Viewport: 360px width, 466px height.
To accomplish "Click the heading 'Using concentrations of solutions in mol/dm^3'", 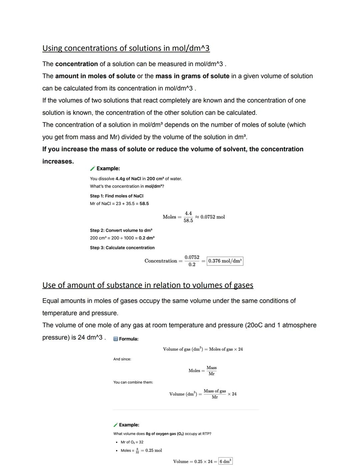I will pyautogui.click(x=126, y=48).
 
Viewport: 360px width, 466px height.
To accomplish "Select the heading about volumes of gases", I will pyautogui.click(x=148, y=286).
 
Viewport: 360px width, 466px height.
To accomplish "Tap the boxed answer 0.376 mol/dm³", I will pyautogui.click(x=225, y=261).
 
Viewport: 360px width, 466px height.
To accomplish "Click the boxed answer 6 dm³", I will pyautogui.click(x=225, y=461).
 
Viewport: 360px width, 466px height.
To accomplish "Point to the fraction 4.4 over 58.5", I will pyautogui.click(x=188, y=217).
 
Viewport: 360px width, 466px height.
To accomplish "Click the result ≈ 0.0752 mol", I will pyautogui.click(x=210, y=217).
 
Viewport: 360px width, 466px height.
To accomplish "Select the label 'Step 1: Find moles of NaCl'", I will pyautogui.click(x=116, y=196).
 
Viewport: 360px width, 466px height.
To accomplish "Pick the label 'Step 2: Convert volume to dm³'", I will pyautogui.click(x=121, y=230).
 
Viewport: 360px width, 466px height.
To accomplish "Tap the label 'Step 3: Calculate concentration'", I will pyautogui.click(x=122, y=248).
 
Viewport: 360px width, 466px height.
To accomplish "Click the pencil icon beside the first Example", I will pyautogui.click(x=93, y=169).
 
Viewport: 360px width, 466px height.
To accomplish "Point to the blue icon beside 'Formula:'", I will pyautogui.click(x=116, y=339).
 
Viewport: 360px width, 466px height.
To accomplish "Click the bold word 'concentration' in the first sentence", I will pyautogui.click(x=76, y=64).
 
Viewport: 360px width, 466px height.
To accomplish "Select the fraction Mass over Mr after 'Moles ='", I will pyautogui.click(x=211, y=371).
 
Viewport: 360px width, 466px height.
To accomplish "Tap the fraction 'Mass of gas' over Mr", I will pyautogui.click(x=215, y=394).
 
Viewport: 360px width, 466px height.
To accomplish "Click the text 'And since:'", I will pyautogui.click(x=122, y=359).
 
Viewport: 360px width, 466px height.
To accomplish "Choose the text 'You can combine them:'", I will pyautogui.click(x=133, y=382).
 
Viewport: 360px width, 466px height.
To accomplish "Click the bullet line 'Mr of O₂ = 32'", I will pyautogui.click(x=132, y=442).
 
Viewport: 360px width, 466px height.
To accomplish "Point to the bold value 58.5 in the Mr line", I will pyautogui.click(x=144, y=204).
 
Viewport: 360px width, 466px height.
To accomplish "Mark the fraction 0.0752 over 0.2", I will pyautogui.click(x=192, y=261).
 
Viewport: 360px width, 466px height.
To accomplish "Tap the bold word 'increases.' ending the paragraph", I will pyautogui.click(x=58, y=161).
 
